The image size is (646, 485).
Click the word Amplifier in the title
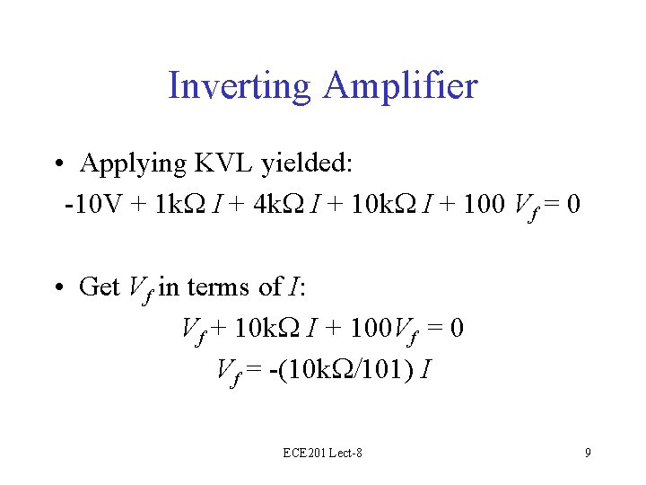click(x=401, y=87)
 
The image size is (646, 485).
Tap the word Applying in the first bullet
click(x=133, y=164)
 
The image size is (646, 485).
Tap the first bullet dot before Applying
click(x=57, y=164)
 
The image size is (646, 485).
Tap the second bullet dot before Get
click(x=57, y=287)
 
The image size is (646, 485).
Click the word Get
click(x=99, y=287)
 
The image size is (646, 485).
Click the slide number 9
click(x=588, y=454)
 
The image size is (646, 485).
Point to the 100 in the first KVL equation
click(x=486, y=206)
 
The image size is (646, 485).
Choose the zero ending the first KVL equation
click(x=574, y=206)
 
